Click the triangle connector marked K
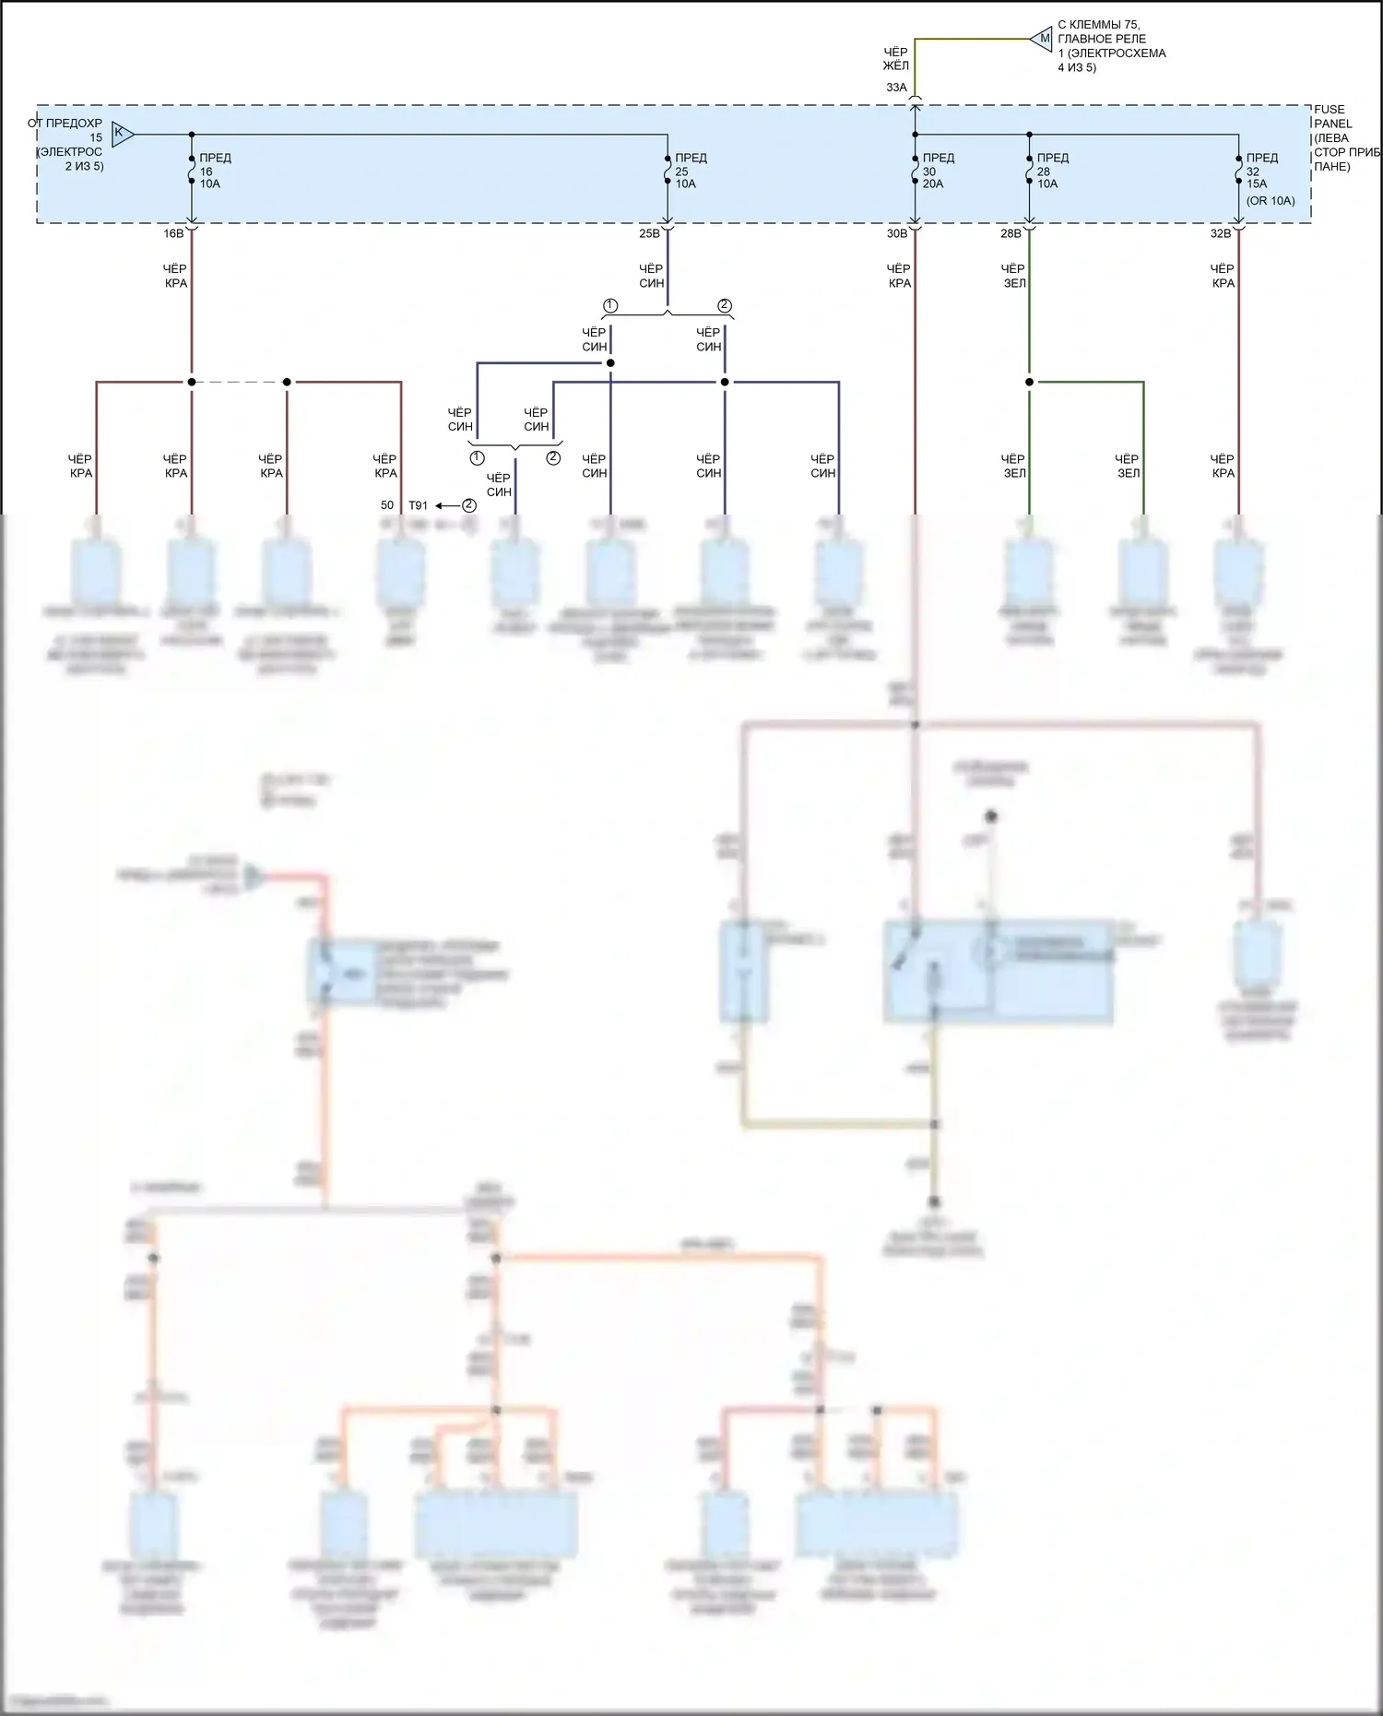click(x=122, y=134)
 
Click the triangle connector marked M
click(x=1042, y=39)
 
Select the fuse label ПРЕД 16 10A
click(x=215, y=171)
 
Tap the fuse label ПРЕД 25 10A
click(x=691, y=171)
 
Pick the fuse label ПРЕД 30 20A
click(x=938, y=171)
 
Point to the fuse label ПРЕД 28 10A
click(x=1052, y=171)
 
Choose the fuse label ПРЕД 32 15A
click(x=1261, y=171)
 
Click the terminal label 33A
click(x=896, y=88)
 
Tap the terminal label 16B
click(x=173, y=233)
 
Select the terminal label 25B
click(x=649, y=233)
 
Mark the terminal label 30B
click(x=897, y=233)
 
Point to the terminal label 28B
click(x=1011, y=233)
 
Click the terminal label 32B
click(x=1220, y=233)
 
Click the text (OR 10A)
click(x=1271, y=201)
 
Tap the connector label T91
click(x=418, y=505)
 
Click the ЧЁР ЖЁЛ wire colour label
click(x=895, y=59)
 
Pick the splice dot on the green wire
click(x=1029, y=382)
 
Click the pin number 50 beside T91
click(x=387, y=505)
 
